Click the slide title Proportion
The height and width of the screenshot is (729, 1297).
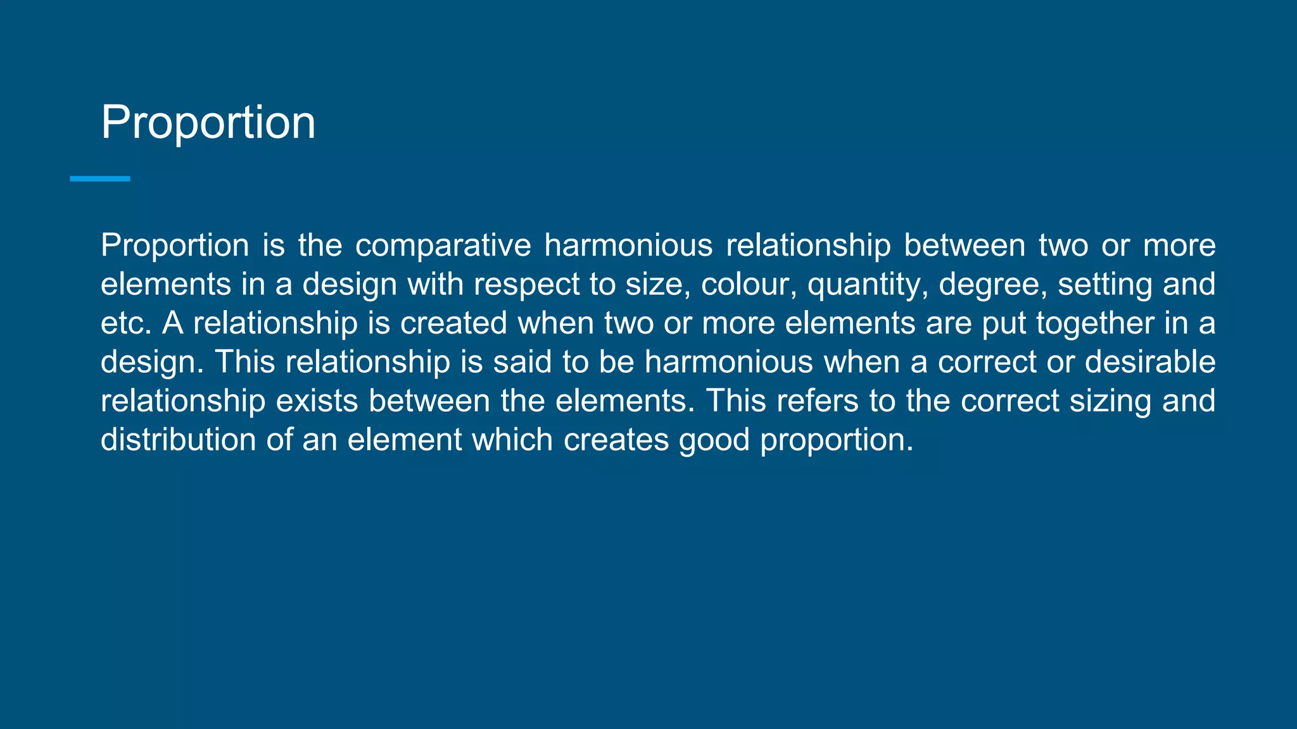(208, 122)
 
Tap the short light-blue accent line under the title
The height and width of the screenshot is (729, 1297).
(100, 179)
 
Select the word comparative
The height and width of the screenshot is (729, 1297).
(443, 246)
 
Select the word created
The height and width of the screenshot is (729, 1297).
(453, 323)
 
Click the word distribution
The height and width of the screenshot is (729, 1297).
(178, 440)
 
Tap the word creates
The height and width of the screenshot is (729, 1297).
(616, 440)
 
